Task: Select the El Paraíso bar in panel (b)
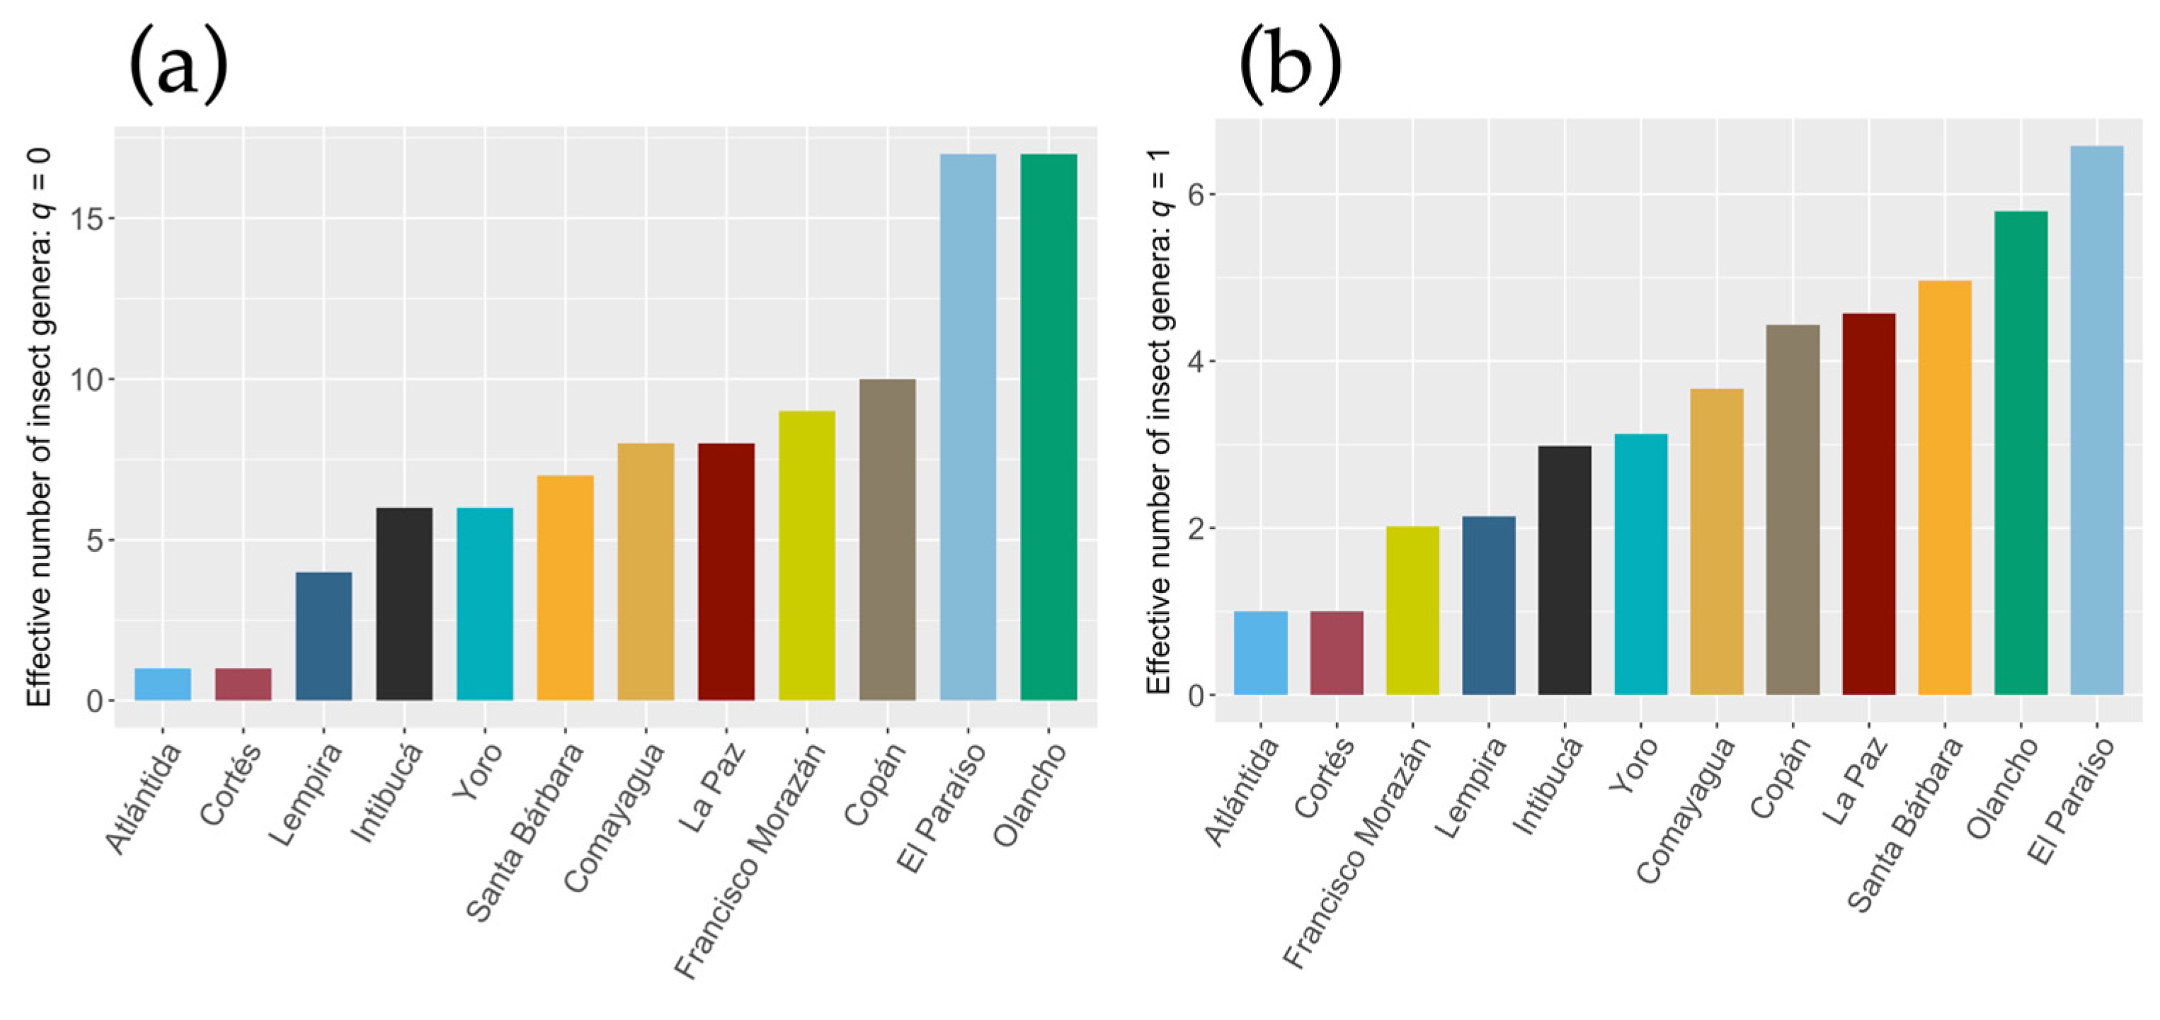[x=2096, y=419]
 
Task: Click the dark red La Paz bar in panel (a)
[x=726, y=571]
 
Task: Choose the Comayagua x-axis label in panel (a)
[x=615, y=818]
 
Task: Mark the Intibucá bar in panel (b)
[x=1565, y=569]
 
